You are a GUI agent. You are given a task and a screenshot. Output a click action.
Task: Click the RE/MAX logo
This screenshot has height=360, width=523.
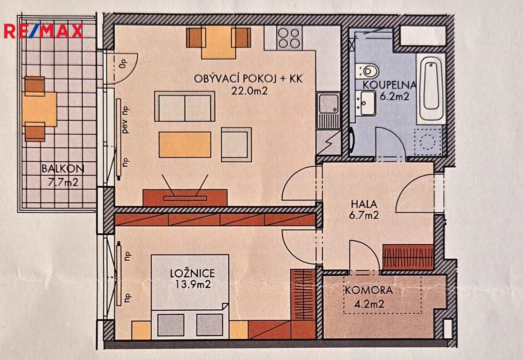click(x=44, y=31)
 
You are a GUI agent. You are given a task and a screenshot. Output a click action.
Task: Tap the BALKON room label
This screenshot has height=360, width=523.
click(x=63, y=169)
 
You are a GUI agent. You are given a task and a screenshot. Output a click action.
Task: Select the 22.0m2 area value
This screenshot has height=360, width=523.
click(x=249, y=91)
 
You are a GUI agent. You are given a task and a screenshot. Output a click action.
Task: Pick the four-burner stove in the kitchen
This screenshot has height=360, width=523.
click(x=289, y=38)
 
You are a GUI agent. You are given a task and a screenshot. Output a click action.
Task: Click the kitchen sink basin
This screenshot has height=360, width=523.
click(x=329, y=104)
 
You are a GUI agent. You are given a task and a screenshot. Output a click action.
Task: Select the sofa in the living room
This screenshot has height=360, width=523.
click(x=185, y=106)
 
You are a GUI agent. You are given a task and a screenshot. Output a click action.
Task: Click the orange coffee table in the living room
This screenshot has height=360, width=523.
click(x=185, y=145)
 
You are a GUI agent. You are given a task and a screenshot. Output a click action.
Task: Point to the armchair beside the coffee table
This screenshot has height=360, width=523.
click(x=236, y=145)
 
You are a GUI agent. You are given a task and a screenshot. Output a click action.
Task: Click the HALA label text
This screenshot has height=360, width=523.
click(x=364, y=204)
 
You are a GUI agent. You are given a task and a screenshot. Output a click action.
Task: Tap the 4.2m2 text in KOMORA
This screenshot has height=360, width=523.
click(x=369, y=304)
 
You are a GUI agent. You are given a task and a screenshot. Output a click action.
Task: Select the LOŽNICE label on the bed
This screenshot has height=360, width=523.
click(x=192, y=273)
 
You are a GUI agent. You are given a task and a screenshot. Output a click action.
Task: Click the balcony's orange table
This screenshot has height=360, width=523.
click(x=40, y=109)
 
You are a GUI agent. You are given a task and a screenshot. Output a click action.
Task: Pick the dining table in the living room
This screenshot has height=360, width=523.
click(x=219, y=42)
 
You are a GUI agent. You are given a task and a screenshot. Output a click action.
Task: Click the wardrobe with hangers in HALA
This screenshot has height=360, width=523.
click(x=408, y=257)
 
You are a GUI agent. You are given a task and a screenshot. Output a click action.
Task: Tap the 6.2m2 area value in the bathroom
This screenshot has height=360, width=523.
click(x=394, y=96)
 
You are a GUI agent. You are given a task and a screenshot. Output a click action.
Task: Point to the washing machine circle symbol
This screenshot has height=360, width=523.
click(x=427, y=142)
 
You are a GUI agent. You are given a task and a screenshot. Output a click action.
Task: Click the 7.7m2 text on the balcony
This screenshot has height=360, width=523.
click(x=63, y=183)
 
